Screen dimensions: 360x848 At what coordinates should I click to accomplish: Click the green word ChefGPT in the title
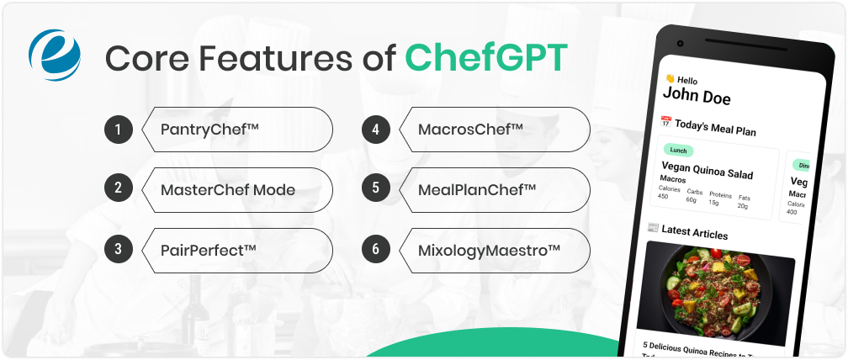click(486, 58)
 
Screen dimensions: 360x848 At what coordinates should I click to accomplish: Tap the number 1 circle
click(119, 130)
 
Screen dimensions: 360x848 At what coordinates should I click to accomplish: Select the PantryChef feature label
click(209, 130)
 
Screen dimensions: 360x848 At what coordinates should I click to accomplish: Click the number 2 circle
click(119, 189)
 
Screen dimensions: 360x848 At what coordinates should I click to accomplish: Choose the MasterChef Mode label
click(227, 189)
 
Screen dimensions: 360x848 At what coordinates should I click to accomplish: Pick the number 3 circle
click(119, 250)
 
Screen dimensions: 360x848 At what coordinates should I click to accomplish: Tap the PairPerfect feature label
click(208, 250)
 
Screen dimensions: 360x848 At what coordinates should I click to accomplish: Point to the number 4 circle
click(376, 130)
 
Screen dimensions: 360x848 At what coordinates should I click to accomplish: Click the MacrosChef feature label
click(470, 130)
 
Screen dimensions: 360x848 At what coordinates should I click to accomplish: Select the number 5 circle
click(376, 189)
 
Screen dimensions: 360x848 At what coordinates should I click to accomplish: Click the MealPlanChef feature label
click(477, 189)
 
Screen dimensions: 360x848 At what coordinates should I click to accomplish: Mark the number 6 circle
click(376, 250)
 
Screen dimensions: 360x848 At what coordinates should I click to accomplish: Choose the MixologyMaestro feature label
click(489, 250)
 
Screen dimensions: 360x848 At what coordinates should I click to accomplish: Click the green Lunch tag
click(679, 151)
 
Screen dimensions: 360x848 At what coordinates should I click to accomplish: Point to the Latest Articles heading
click(694, 232)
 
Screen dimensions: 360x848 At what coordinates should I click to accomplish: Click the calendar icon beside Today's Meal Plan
click(665, 122)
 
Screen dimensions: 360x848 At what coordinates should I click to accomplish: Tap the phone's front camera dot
click(680, 44)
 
